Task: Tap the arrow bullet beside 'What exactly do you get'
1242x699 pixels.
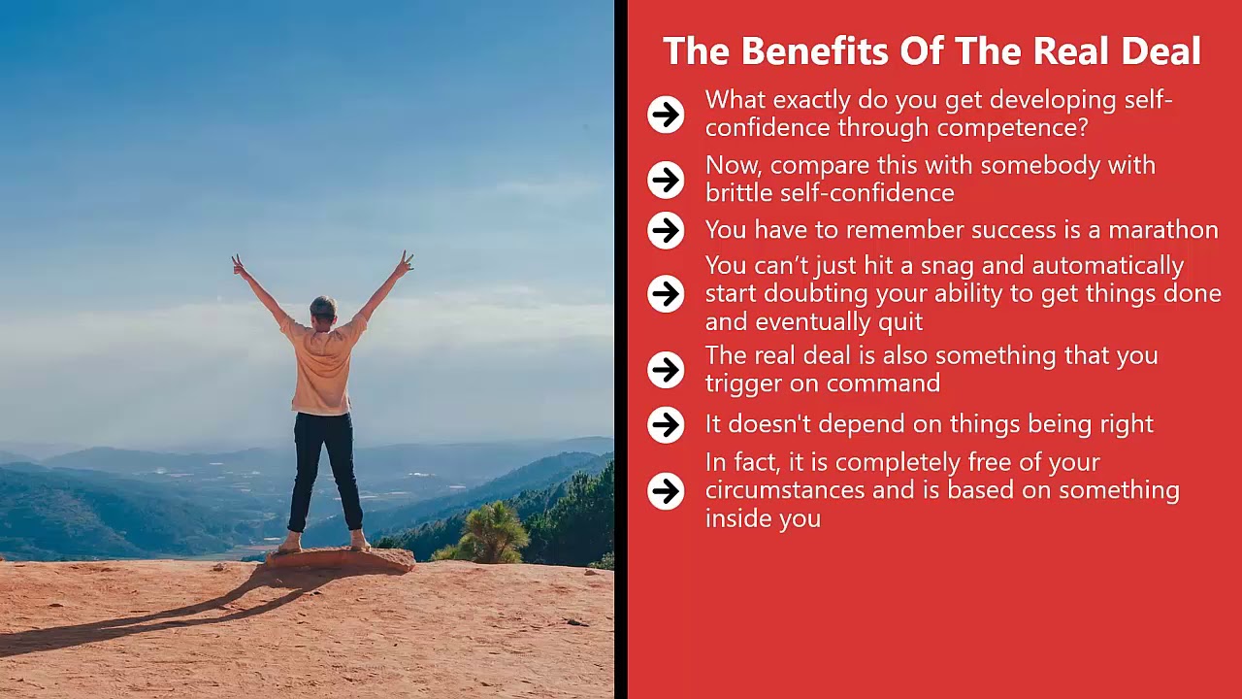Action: click(x=666, y=115)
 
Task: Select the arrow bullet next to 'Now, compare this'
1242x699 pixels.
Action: click(x=666, y=179)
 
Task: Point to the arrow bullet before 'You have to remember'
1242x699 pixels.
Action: click(x=666, y=230)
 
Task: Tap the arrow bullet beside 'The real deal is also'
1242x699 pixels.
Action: click(x=666, y=369)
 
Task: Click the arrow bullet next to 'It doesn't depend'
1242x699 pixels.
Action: click(x=666, y=424)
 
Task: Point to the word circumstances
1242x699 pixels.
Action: click(x=785, y=490)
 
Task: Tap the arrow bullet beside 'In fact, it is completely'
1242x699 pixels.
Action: click(x=666, y=490)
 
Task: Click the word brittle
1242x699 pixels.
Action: click(x=738, y=192)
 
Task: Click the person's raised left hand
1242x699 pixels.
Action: click(x=238, y=264)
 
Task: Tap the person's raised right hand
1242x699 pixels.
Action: click(x=404, y=261)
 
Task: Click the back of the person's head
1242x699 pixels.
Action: click(x=323, y=310)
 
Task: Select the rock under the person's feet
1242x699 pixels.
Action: click(x=340, y=559)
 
